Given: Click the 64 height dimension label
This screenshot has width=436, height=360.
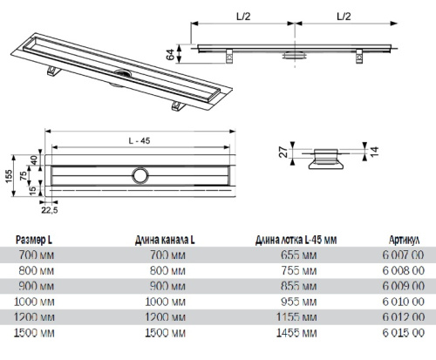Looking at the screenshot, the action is (x=170, y=54).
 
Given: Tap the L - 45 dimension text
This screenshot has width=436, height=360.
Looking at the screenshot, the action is (x=140, y=141).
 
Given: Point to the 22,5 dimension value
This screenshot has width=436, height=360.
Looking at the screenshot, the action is (x=50, y=210).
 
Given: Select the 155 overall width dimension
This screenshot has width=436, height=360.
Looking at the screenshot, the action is (x=9, y=176).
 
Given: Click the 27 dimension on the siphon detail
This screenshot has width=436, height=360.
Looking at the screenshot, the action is (x=283, y=153).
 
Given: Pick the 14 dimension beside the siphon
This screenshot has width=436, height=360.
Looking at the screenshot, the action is (x=374, y=152).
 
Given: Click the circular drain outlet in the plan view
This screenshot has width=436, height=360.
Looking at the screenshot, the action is (x=140, y=176).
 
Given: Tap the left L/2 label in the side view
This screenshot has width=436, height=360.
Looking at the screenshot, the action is (x=243, y=17).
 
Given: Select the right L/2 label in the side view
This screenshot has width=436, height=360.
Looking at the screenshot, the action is (x=344, y=17).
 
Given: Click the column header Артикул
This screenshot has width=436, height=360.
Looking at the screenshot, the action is (x=404, y=240).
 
